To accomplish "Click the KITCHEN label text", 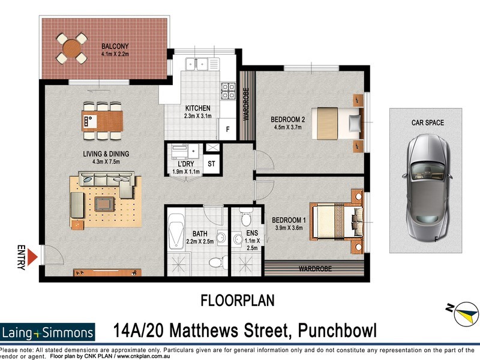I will (197, 108).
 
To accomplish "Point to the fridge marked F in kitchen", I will (227, 128).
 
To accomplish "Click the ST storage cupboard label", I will (211, 164).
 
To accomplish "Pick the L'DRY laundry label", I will (185, 164).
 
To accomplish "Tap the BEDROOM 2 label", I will (288, 119).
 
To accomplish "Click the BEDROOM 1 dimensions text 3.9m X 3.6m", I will (289, 227).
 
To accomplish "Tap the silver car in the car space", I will (425, 185).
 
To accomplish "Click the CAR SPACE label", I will (427, 122).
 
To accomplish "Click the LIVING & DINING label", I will (106, 154).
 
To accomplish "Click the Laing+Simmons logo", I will (48, 332).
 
